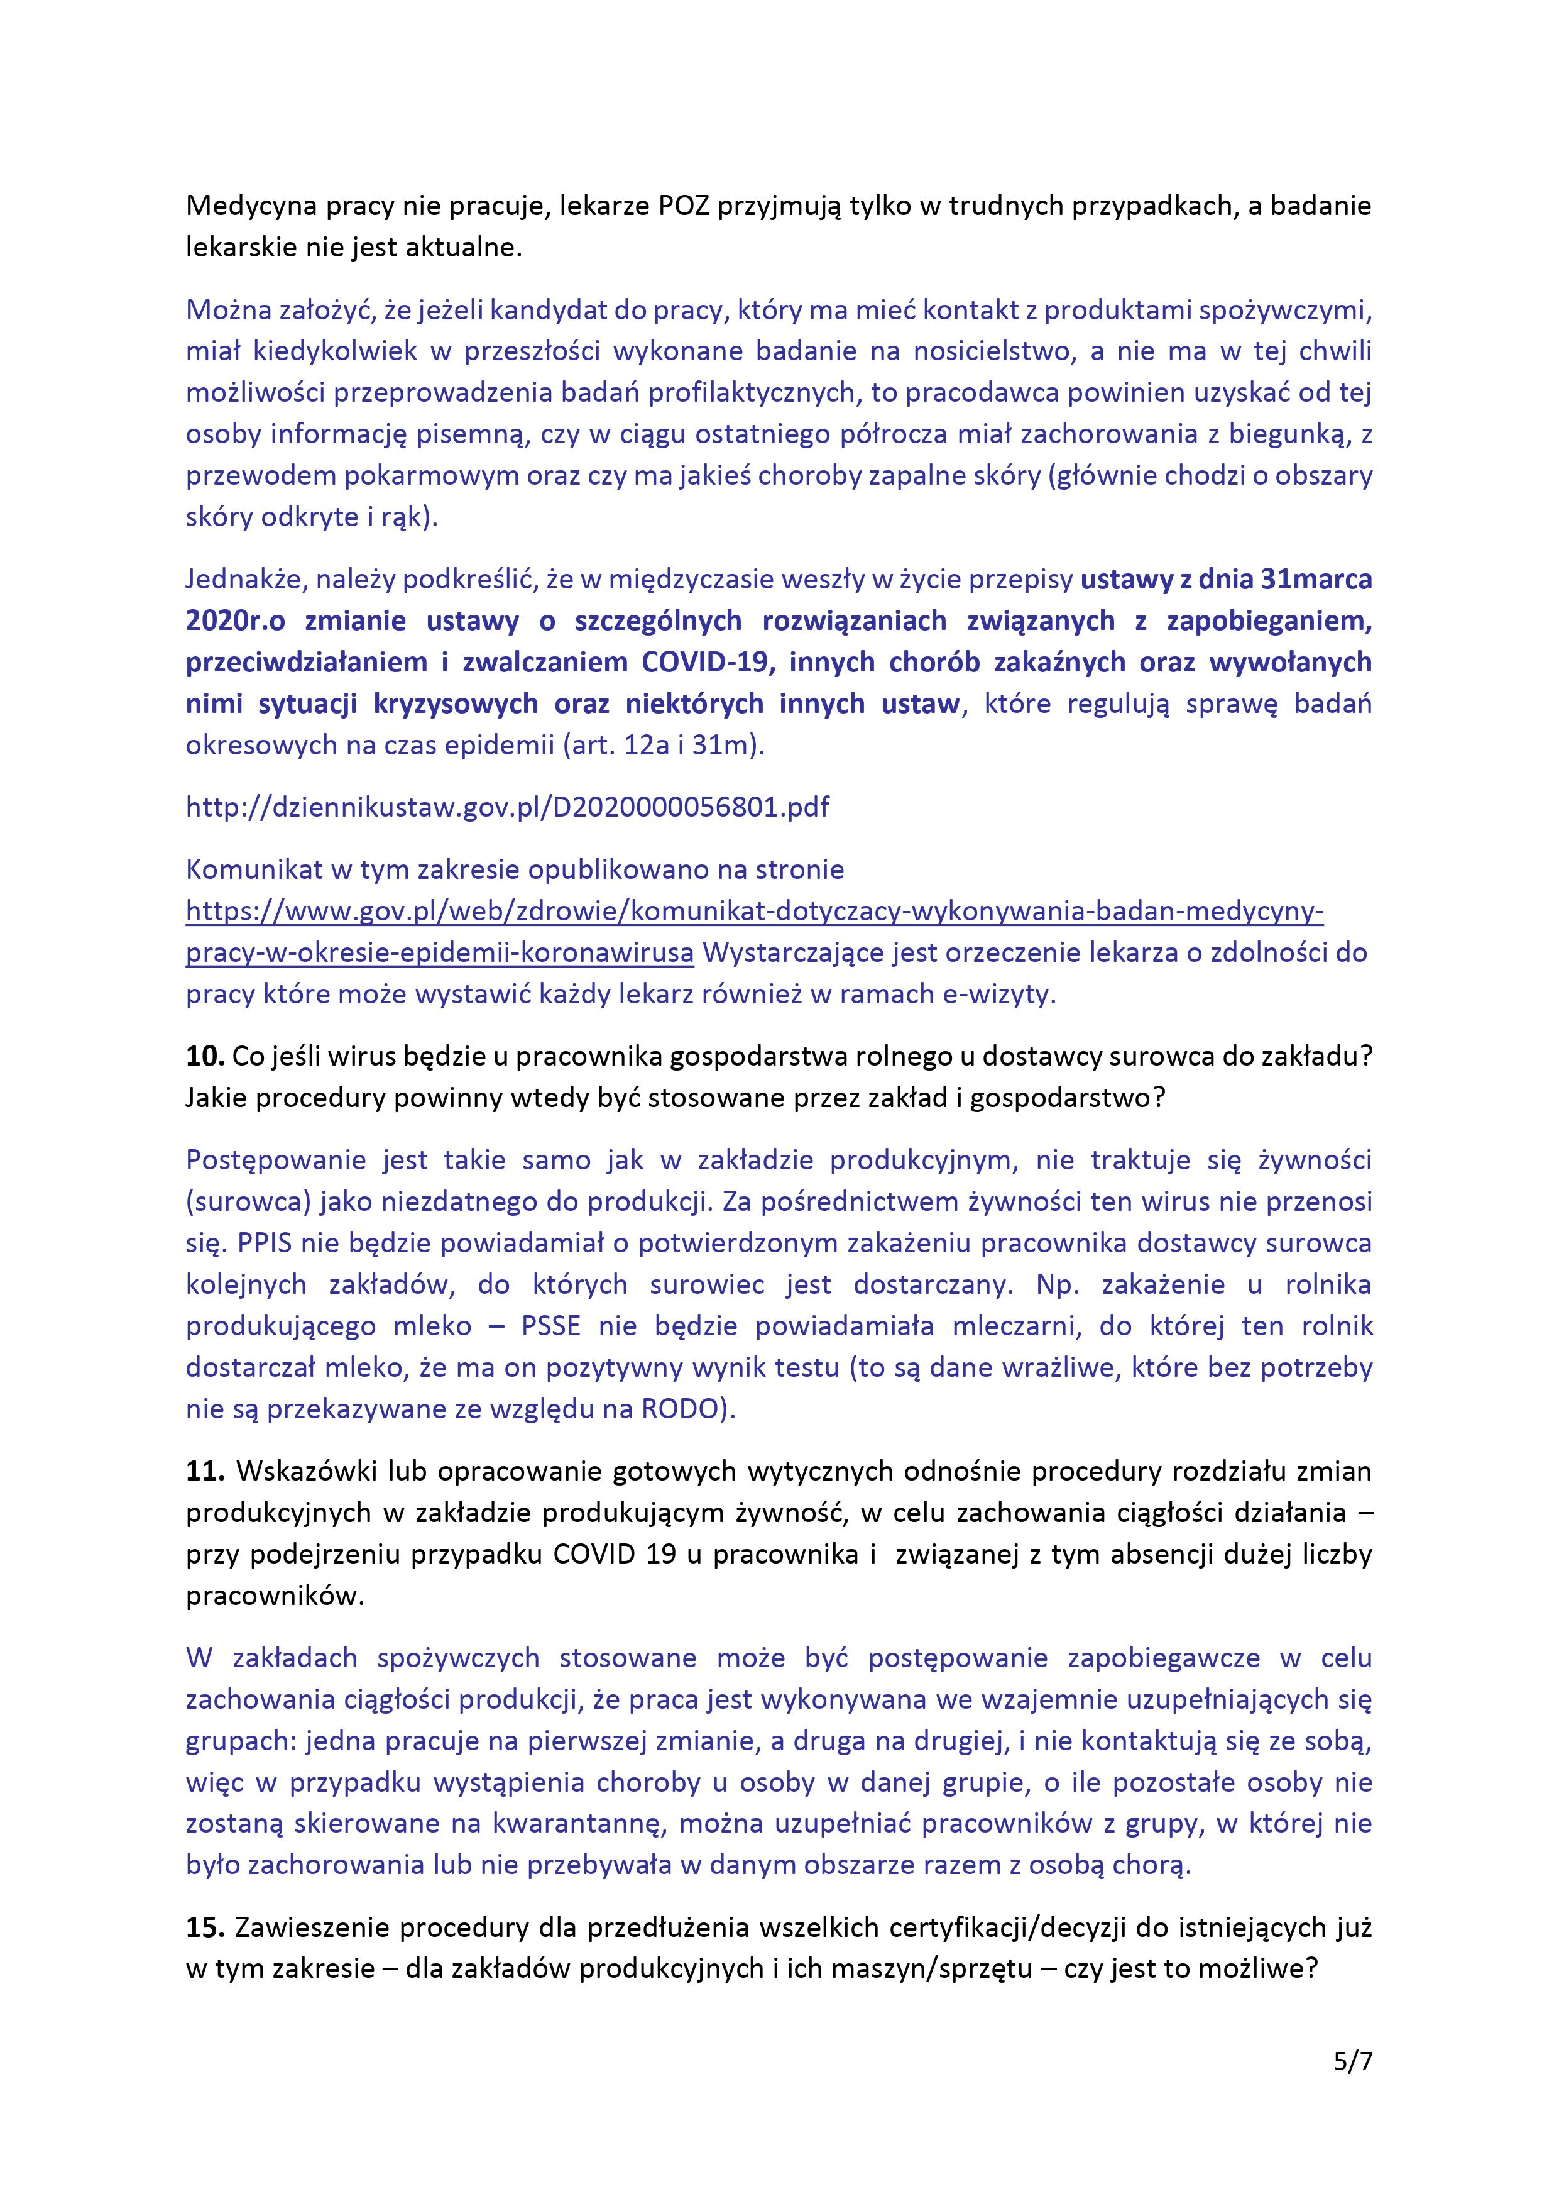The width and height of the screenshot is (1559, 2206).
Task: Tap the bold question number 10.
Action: pos(204,1056)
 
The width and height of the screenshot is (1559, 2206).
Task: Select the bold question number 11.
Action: pos(204,1471)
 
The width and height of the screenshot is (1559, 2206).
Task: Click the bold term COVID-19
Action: pos(707,662)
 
